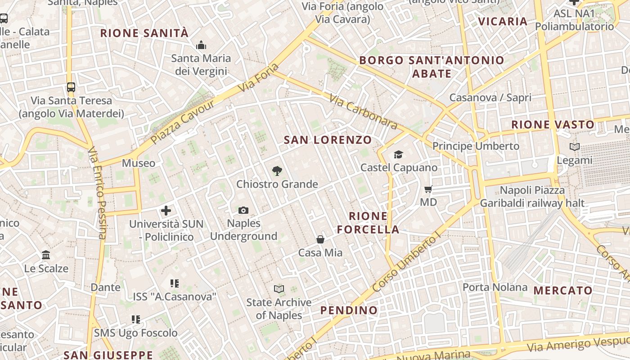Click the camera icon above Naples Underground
(x=243, y=210)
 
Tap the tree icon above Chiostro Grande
(x=277, y=171)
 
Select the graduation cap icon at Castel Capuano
(x=398, y=155)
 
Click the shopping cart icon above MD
(x=428, y=189)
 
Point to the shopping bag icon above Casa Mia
(x=320, y=239)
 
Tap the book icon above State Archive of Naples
(x=279, y=289)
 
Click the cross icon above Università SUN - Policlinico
(x=166, y=211)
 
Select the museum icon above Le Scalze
(x=46, y=255)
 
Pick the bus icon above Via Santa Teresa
(x=71, y=87)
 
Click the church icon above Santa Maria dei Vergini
(x=201, y=45)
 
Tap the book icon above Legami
(x=574, y=147)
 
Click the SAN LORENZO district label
(x=328, y=140)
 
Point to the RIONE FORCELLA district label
(x=368, y=223)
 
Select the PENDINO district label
(x=349, y=310)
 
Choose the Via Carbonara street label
(x=363, y=111)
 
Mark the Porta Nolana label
(x=495, y=287)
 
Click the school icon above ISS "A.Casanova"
(x=175, y=283)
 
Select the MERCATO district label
(x=563, y=290)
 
